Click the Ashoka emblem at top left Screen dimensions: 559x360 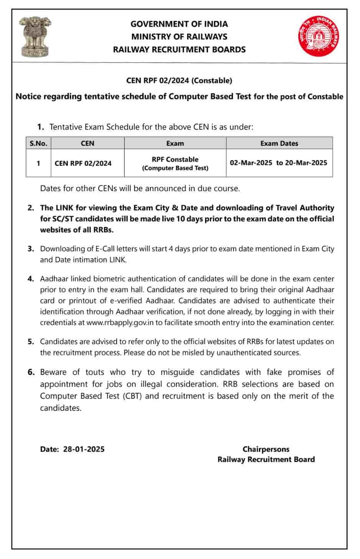click(35, 36)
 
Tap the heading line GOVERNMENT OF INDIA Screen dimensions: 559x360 click(179, 24)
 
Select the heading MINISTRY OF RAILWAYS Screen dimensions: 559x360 click(179, 37)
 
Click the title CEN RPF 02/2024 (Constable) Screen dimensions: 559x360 click(179, 81)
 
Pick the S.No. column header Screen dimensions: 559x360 click(38, 143)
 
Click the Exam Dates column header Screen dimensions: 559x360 click(279, 143)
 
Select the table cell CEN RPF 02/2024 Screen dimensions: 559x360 click(83, 163)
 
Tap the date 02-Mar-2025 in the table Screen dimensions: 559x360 click(251, 163)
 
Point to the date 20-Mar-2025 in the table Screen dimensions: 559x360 click(306, 163)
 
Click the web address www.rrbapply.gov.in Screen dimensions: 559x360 click(120, 323)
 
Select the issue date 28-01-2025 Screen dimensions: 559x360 click(84, 449)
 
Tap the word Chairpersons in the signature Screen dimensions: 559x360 click(266, 449)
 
